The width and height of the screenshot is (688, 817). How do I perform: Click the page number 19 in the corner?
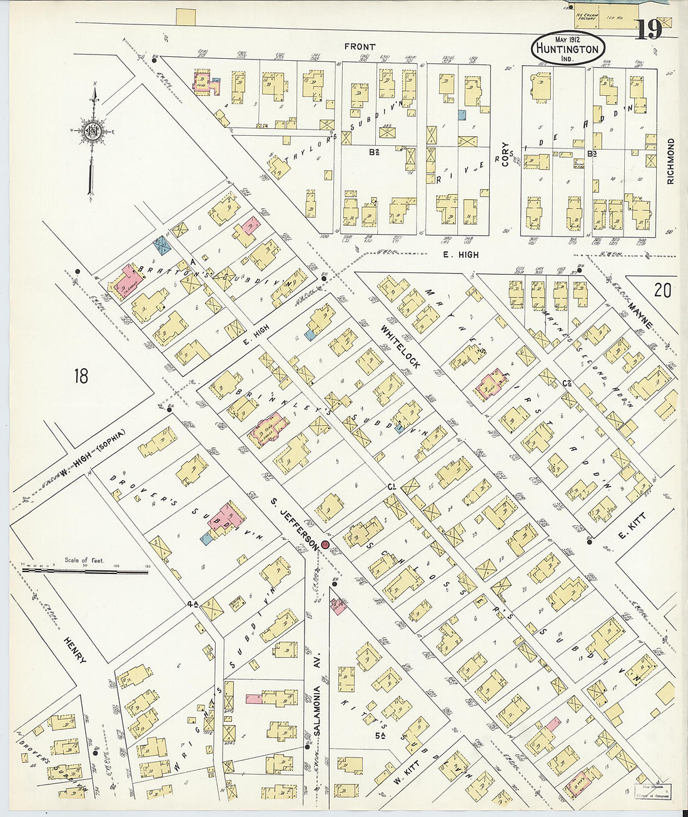pyautogui.click(x=649, y=29)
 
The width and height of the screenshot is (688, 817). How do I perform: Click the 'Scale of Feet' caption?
pyautogui.click(x=84, y=560)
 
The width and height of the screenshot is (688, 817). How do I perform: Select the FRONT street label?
pyautogui.click(x=360, y=46)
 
